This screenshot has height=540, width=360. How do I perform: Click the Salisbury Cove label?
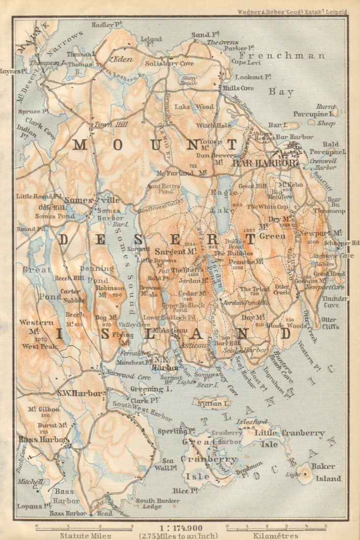coord(169,63)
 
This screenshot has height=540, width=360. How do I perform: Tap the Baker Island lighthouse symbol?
coord(305,473)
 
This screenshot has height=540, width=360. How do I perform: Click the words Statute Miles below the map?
coord(85,536)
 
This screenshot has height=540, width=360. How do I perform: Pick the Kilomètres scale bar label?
coord(277,536)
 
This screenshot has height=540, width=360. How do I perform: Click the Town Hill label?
coord(111,125)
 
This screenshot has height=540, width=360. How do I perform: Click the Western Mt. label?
coord(30,327)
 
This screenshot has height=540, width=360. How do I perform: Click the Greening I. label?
coord(147,389)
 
